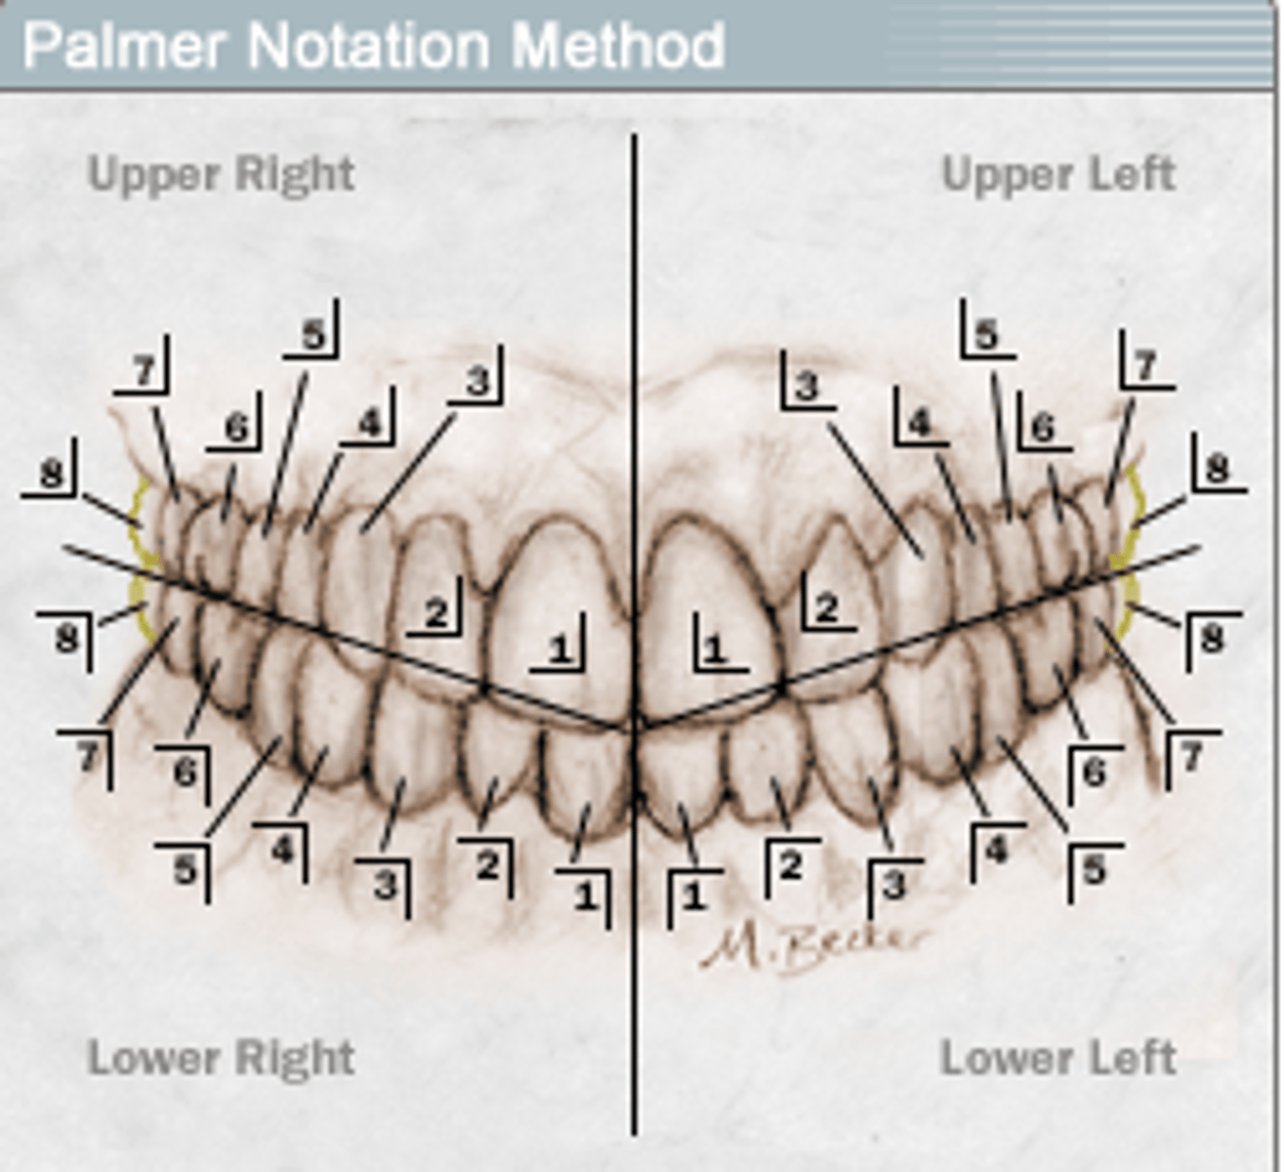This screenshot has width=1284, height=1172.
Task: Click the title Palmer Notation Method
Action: click(x=374, y=45)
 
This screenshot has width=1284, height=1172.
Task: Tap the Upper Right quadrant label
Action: click(x=221, y=175)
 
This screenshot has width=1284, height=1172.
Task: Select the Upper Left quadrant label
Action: click(x=1059, y=174)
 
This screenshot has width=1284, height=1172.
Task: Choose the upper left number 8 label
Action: click(x=1218, y=468)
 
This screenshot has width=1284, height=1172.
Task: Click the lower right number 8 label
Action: click(x=66, y=638)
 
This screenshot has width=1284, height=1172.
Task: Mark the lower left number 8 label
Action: click(x=1212, y=638)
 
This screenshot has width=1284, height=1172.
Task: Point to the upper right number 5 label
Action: click(x=313, y=334)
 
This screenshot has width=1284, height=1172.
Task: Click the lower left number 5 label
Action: click(x=1094, y=869)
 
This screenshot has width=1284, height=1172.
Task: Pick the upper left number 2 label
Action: click(x=827, y=607)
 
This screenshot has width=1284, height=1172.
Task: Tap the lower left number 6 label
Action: click(x=1094, y=772)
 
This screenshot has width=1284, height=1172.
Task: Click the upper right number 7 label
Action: click(x=145, y=370)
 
